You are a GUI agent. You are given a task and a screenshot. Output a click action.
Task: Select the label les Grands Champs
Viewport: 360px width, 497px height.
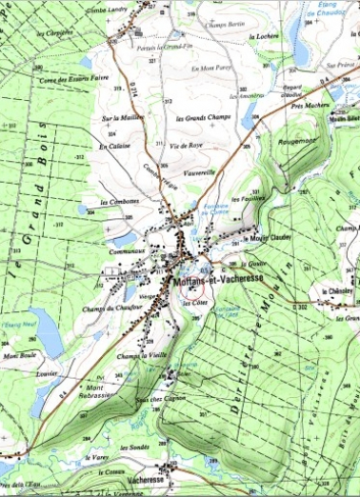tap(204, 118)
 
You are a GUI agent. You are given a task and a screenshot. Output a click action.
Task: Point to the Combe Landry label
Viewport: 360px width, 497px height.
tap(105, 10)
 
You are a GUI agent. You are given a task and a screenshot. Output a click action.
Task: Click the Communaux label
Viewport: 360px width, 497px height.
tap(127, 251)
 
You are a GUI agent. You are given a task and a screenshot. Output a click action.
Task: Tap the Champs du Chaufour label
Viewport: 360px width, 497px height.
tap(108, 308)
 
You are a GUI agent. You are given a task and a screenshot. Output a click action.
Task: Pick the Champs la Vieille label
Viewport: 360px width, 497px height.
tap(142, 355)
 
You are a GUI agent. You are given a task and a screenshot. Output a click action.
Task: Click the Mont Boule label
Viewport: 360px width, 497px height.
tap(18, 355)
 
